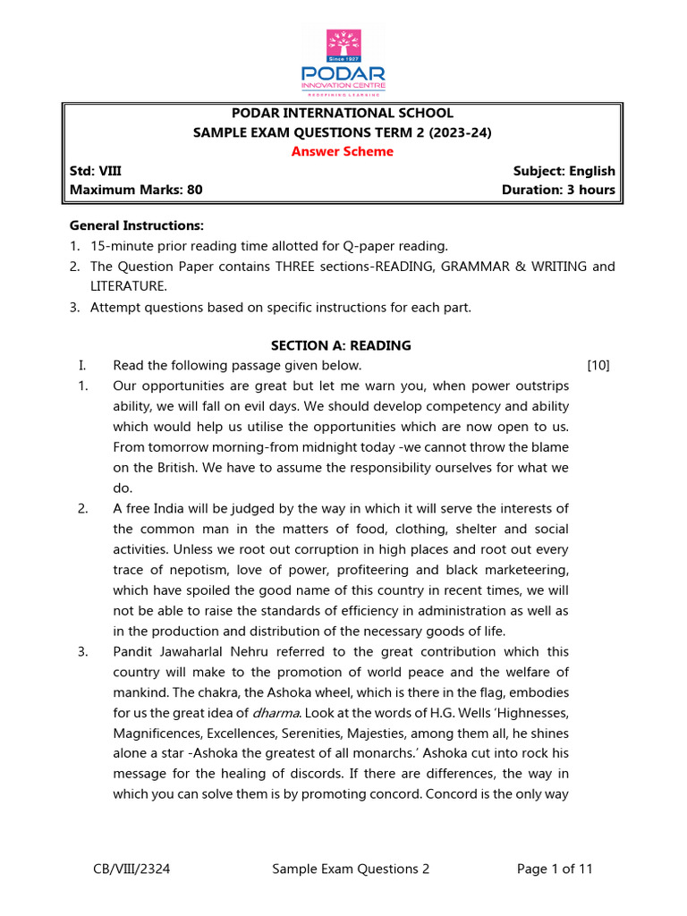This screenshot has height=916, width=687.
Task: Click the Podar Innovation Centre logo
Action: tap(343, 62)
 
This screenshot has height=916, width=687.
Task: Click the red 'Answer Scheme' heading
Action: tap(343, 151)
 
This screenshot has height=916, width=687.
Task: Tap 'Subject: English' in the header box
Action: tap(564, 171)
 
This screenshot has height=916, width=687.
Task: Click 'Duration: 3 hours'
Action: tap(558, 190)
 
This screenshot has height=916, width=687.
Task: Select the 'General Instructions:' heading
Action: tap(137, 225)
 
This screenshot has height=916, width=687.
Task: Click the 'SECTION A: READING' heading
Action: tap(341, 345)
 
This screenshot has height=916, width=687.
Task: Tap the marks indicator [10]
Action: tap(598, 365)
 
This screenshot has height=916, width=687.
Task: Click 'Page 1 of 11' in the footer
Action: tap(555, 869)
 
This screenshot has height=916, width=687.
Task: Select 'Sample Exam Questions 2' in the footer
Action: tap(351, 869)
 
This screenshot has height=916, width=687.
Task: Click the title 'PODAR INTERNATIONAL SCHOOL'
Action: tap(343, 113)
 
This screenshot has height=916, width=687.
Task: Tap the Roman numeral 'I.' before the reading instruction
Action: tap(82, 365)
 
